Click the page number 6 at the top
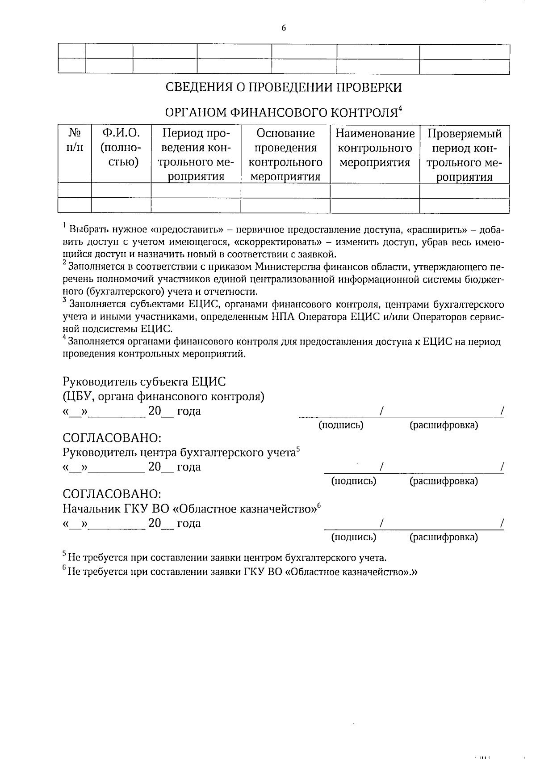[284, 28]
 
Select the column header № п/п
[75, 140]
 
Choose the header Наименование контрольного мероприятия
[375, 148]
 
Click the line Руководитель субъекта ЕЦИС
[144, 382]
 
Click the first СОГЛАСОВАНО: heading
[112, 437]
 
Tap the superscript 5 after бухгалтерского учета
[298, 449]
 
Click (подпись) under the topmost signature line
[340, 425]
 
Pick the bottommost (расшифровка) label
[444, 537]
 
